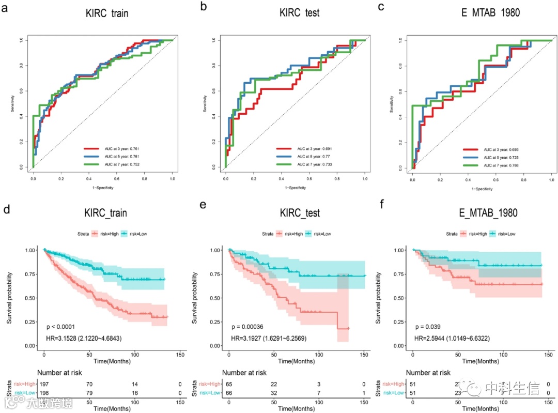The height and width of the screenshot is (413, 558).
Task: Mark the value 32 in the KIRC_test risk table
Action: coord(274,394)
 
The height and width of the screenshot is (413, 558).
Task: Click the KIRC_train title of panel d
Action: coord(106,213)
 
